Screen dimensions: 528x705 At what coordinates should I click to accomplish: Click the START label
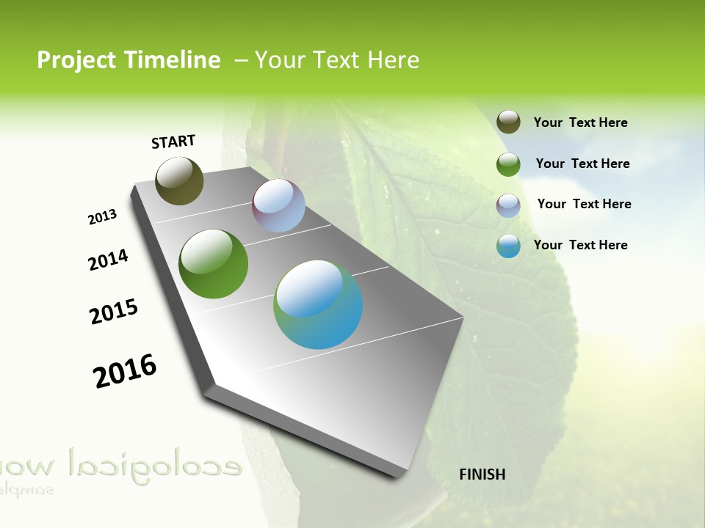[173, 142]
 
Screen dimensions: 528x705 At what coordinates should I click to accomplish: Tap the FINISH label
[482, 474]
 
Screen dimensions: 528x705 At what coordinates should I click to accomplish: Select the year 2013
[102, 217]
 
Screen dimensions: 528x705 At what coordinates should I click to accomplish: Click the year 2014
[108, 260]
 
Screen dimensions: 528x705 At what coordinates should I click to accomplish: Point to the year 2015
[114, 312]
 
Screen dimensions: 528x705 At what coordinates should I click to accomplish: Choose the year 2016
[125, 370]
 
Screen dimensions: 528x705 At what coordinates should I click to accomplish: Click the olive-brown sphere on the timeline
[179, 180]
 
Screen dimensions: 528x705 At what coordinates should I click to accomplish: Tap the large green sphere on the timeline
[214, 264]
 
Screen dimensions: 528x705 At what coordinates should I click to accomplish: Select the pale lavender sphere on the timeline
[278, 205]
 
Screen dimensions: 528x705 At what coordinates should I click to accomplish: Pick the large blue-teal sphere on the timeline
[318, 304]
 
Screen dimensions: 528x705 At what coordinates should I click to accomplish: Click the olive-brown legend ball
[508, 122]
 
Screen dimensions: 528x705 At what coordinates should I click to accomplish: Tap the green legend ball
[508, 164]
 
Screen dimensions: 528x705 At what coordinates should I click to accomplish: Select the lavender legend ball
[508, 205]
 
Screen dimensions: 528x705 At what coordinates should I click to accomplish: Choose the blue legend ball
[508, 246]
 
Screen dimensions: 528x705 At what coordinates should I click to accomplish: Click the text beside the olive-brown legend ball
[580, 122]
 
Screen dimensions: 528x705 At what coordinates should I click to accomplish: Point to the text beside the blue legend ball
[580, 245]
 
